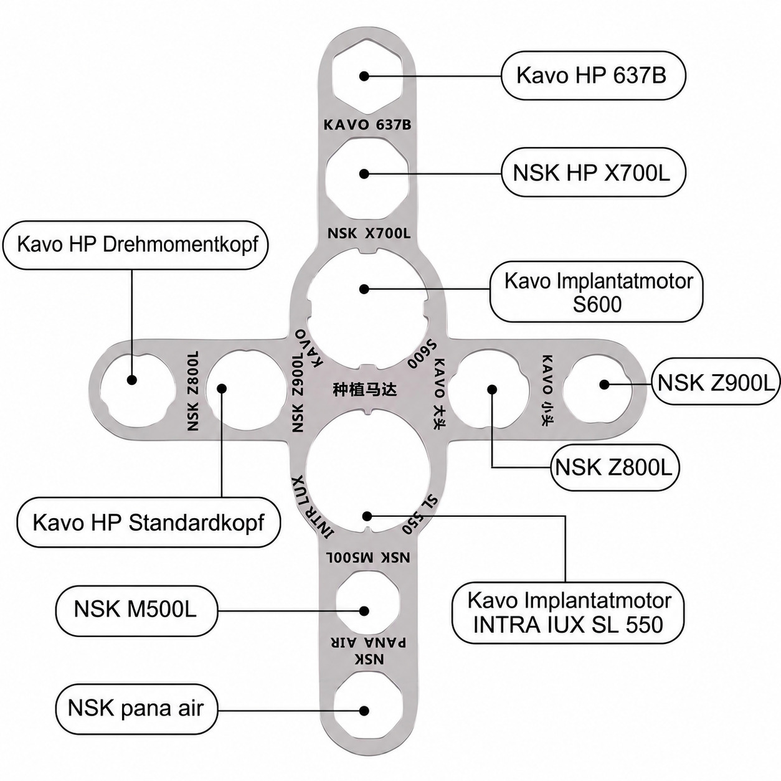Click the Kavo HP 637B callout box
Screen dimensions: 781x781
pos(594,75)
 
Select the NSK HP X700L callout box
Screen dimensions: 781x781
pos(594,173)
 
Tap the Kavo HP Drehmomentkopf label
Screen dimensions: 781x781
pos(136,245)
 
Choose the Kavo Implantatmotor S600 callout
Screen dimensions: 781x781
pos(596,292)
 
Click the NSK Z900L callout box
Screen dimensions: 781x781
pos(716,381)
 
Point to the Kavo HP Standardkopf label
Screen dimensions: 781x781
pos(148,523)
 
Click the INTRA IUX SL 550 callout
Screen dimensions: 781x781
pos(568,613)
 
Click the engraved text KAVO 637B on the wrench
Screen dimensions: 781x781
pos(367,125)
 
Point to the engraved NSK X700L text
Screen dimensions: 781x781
pos(369,234)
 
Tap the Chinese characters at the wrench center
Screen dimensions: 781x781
pos(364,390)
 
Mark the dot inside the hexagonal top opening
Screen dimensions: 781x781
pos(364,76)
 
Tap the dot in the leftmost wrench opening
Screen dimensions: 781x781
pos(131,380)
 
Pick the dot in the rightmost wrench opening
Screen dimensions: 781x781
pos(604,385)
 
